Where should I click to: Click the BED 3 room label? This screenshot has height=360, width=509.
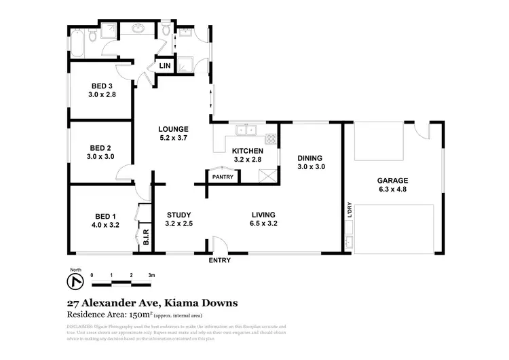(102, 90)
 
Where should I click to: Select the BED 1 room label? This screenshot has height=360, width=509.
(105, 220)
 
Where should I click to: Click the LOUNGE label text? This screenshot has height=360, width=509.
(173, 133)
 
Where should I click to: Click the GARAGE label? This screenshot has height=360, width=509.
(392, 185)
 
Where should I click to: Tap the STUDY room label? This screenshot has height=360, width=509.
(179, 218)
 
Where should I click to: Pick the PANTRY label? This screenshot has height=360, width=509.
(223, 177)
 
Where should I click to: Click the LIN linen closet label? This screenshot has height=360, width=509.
(165, 66)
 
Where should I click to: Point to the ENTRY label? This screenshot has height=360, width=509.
(219, 260)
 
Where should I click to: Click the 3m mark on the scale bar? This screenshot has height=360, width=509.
(151, 276)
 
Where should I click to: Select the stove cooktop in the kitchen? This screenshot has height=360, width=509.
(271, 139)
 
